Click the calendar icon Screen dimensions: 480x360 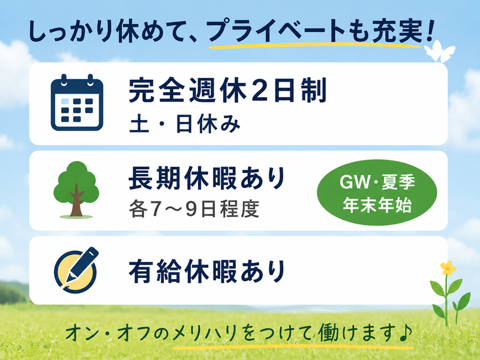[77, 103]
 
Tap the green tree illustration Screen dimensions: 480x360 [76, 189]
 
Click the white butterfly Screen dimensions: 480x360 [439, 51]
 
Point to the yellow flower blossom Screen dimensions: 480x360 [448, 268]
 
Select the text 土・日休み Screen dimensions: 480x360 [185, 125]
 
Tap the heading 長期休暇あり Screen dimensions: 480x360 [207, 178]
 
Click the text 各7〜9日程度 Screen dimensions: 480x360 [194, 209]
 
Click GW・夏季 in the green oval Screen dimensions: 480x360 [377, 182]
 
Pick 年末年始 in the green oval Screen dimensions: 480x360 [377, 205]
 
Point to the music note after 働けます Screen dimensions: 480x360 [405, 332]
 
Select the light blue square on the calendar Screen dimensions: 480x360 [65, 101]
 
